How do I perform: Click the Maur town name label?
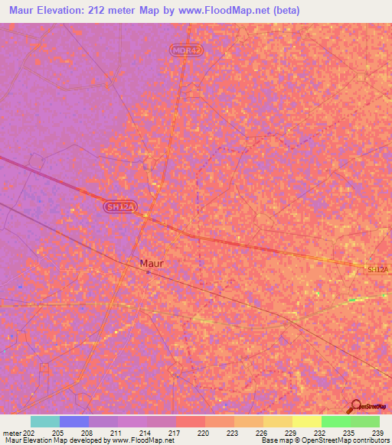click(x=151, y=263)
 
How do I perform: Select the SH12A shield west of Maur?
click(x=120, y=207)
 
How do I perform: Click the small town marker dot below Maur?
click(x=148, y=272)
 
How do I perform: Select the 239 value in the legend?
click(x=377, y=433)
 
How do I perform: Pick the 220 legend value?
click(x=204, y=433)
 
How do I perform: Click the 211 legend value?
click(x=116, y=433)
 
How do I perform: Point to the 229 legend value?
click(x=291, y=433)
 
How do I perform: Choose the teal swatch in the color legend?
click(x=44, y=421)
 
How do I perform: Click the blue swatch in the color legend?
click(x=73, y=421)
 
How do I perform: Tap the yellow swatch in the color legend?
click(x=306, y=421)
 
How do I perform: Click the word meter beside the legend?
click(x=11, y=433)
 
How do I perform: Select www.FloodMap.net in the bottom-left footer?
click(x=145, y=440)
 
